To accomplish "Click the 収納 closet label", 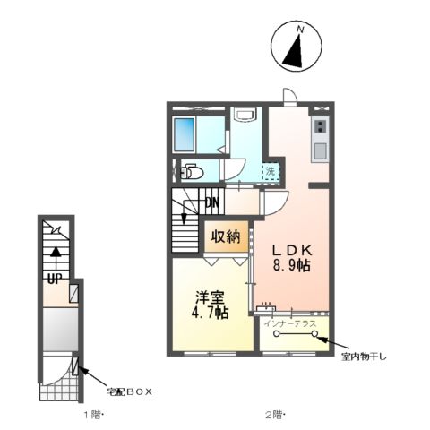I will click(225, 237).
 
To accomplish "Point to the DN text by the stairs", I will click(212, 203).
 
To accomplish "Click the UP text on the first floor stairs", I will click(53, 278).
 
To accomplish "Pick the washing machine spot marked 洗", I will click(267, 169).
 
